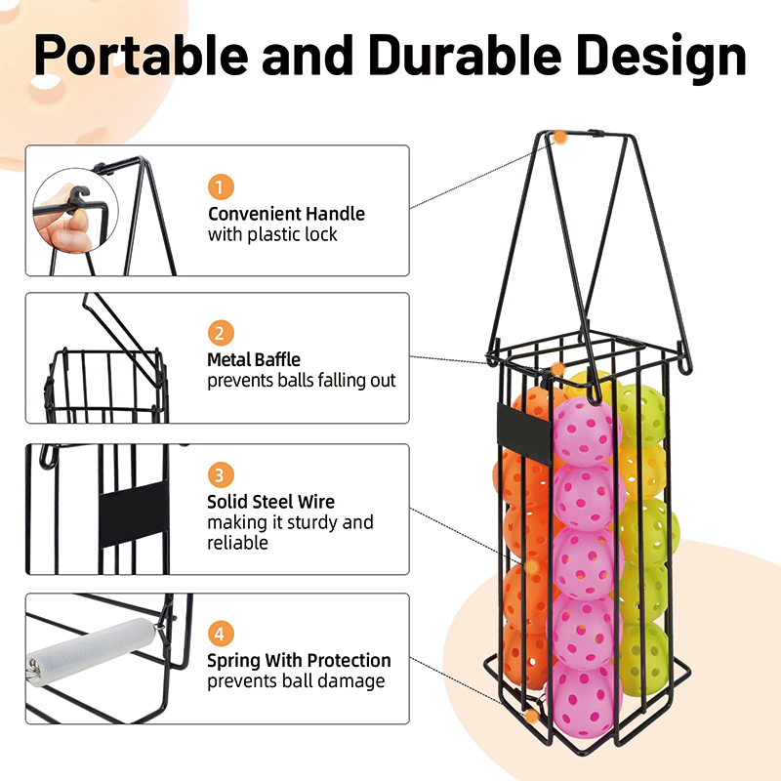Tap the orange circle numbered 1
(x=221, y=185)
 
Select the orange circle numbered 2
(x=221, y=332)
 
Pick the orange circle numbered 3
(x=221, y=475)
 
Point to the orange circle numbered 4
(x=221, y=633)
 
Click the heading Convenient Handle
(x=286, y=214)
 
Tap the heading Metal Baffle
(x=254, y=360)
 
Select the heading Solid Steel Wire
(x=270, y=502)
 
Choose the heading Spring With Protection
(x=299, y=661)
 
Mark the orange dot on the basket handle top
(x=560, y=138)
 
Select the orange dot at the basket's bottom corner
(x=531, y=716)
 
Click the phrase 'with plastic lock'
(x=272, y=234)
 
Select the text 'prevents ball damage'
(x=296, y=681)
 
